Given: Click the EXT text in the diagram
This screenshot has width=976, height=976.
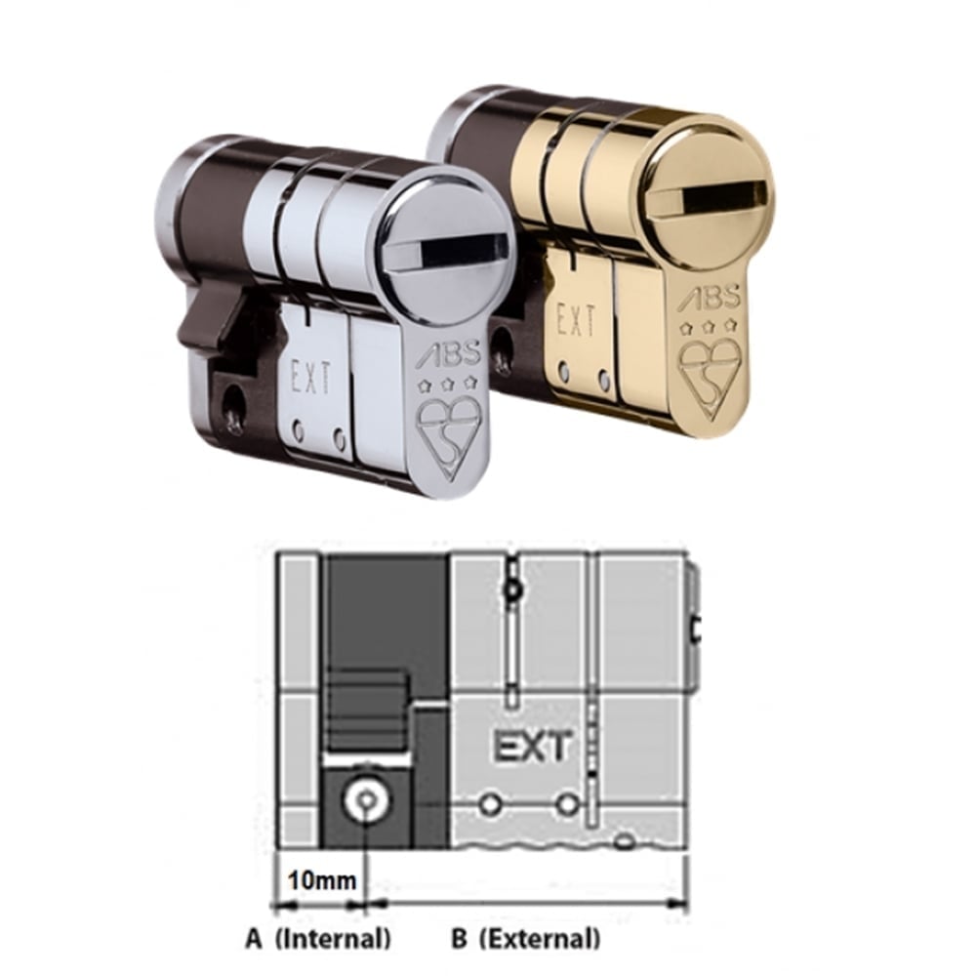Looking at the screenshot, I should tap(530, 748).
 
